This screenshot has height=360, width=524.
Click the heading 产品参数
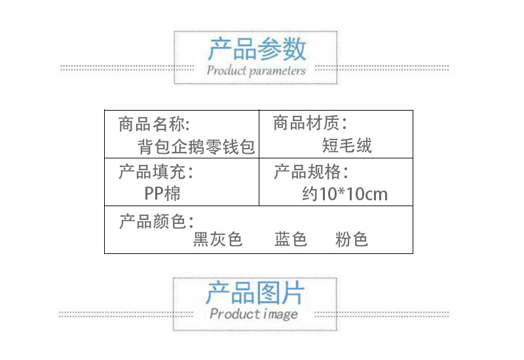point(257,49)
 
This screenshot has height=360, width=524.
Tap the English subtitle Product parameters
point(256,70)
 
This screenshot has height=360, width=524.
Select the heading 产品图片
point(255,293)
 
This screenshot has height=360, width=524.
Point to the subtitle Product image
point(254,314)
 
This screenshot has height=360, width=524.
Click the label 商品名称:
point(154,123)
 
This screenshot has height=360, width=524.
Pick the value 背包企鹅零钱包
point(196,145)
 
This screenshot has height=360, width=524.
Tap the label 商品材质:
point(310,123)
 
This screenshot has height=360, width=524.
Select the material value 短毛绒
point(347,145)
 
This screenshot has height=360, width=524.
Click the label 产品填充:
point(156,172)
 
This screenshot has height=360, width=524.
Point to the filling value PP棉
point(162,194)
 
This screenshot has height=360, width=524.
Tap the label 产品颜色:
point(156,221)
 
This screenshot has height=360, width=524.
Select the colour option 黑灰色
point(217,240)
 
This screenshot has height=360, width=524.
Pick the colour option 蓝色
point(291,240)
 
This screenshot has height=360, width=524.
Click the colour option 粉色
point(352,240)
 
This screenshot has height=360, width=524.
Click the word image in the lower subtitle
point(279,314)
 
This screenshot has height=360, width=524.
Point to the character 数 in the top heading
point(294,49)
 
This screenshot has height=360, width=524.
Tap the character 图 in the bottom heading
point(267,293)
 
